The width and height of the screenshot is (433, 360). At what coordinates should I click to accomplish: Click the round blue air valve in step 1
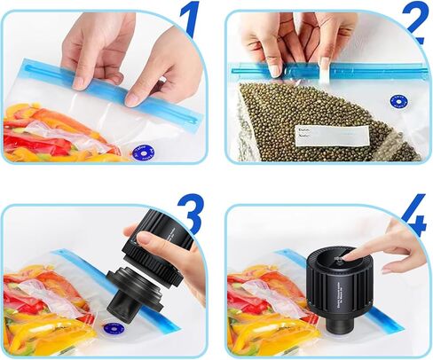[x=141, y=152]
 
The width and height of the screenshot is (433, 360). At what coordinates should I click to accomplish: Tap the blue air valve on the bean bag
[x=396, y=103]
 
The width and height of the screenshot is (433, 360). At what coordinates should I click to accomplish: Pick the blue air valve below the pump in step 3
[x=113, y=328]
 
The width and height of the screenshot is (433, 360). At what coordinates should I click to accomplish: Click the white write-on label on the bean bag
[x=331, y=136]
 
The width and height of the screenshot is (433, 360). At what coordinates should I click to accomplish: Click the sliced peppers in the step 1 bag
[x=44, y=133]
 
